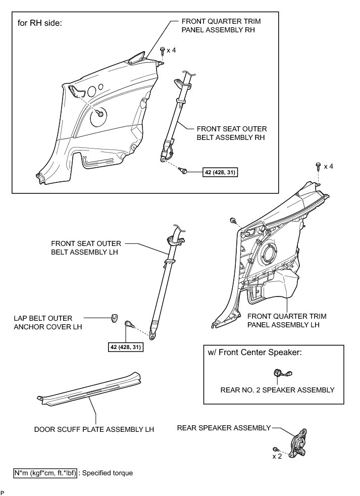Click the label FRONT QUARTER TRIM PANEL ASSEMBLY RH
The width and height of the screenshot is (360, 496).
[x=218, y=25]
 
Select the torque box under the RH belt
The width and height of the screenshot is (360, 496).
[x=220, y=172]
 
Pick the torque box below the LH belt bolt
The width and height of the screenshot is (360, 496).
[x=125, y=347]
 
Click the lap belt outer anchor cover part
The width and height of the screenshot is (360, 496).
[x=114, y=318]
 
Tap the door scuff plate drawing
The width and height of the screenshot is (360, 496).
[x=89, y=389]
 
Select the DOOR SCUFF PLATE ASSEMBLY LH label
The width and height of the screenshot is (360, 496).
[x=94, y=429]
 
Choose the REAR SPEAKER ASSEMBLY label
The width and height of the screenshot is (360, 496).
[x=224, y=428]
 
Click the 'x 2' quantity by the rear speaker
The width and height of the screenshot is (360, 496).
[x=277, y=456]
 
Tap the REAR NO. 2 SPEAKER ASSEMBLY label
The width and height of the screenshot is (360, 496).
[x=277, y=389]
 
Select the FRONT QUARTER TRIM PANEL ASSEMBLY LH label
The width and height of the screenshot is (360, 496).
[x=287, y=320]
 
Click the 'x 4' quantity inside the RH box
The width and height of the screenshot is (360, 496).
[x=171, y=51]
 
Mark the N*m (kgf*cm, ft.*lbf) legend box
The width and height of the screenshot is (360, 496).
[x=45, y=473]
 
